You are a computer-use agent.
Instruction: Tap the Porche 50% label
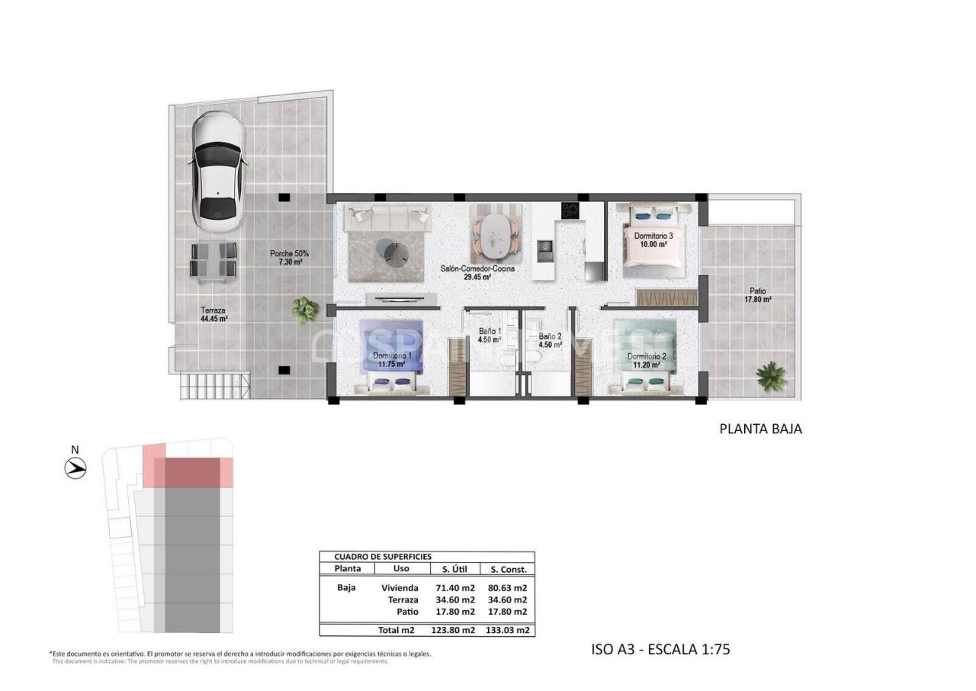coord(289,258)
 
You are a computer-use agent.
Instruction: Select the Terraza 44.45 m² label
coord(213,315)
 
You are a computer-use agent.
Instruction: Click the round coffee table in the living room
coord(396,252)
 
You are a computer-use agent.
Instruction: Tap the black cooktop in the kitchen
coord(570,210)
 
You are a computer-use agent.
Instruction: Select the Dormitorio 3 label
coord(653,240)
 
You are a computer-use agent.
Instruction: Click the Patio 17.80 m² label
coord(757,295)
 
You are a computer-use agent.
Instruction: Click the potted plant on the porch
coord(306,309)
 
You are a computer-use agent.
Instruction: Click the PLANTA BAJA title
coord(760,429)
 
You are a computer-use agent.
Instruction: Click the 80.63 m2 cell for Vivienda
coord(509,588)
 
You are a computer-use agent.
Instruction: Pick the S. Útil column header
coord(454,569)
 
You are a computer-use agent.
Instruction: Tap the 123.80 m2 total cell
coord(454,630)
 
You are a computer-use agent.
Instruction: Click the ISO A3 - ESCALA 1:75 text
coord(660,650)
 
